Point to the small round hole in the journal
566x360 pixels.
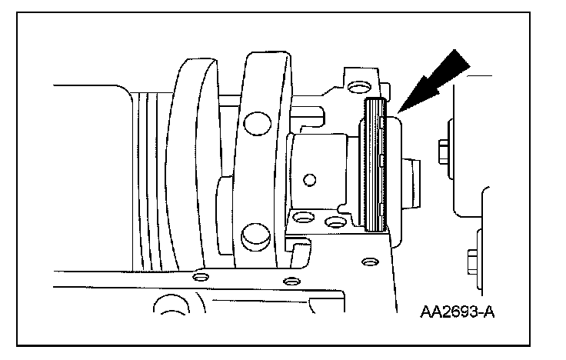click(x=309, y=181)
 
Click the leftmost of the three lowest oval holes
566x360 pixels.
click(x=201, y=275)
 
